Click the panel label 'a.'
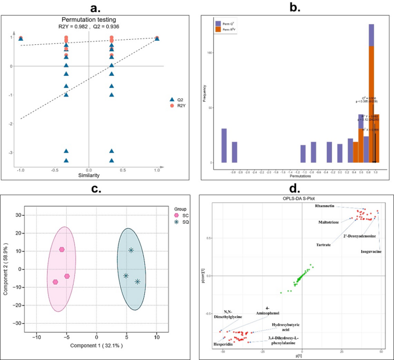pyautogui.click(x=89, y=8)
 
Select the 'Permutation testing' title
pyautogui.click(x=88, y=19)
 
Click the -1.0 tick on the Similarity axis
pyautogui.click(x=21, y=171)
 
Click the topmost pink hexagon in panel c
pyautogui.click(x=62, y=250)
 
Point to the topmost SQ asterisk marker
pyautogui.click(x=131, y=250)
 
